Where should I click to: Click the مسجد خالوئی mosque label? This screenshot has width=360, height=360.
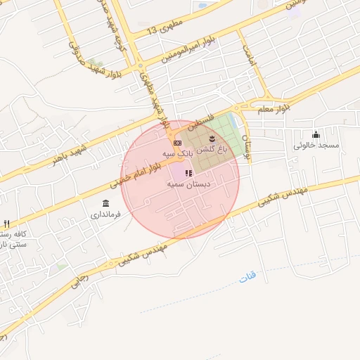click(316, 145)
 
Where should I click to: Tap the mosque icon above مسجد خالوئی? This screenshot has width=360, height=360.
click(316, 134)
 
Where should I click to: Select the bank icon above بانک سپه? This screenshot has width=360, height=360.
click(176, 143)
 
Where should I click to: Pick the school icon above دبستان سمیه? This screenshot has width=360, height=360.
click(188, 173)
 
